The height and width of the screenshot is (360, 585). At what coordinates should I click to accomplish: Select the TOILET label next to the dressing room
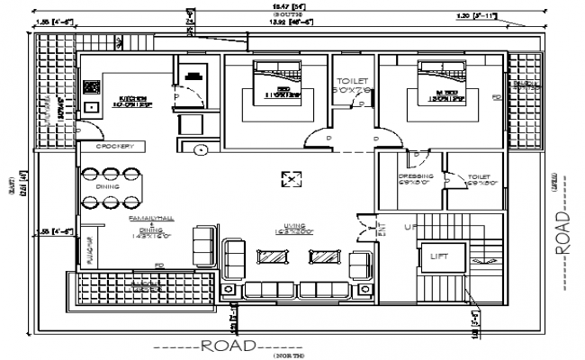coord(478,178)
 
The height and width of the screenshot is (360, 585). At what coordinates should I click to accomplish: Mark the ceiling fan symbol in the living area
coord(291,180)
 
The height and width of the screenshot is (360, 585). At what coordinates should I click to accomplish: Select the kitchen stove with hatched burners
coord(91,88)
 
